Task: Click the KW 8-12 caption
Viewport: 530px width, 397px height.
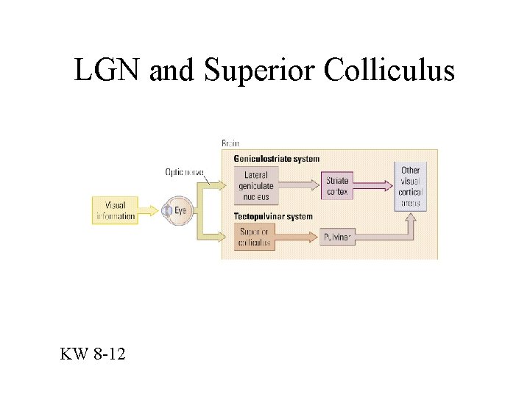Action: coord(93,355)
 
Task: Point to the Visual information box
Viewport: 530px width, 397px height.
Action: coord(116,210)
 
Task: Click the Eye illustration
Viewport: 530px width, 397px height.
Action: coord(177,211)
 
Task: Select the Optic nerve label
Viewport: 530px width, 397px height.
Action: coord(184,172)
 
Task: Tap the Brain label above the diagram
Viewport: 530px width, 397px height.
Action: coord(230,143)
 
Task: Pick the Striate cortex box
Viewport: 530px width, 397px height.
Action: coord(338,186)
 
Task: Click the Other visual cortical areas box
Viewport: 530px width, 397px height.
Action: coord(410,186)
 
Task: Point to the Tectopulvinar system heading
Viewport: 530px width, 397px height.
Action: coord(272,217)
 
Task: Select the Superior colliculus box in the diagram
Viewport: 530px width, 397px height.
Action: coord(255,237)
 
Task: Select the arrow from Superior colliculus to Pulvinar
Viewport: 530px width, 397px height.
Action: coord(298,237)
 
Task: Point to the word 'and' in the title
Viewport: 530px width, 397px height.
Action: coord(169,71)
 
